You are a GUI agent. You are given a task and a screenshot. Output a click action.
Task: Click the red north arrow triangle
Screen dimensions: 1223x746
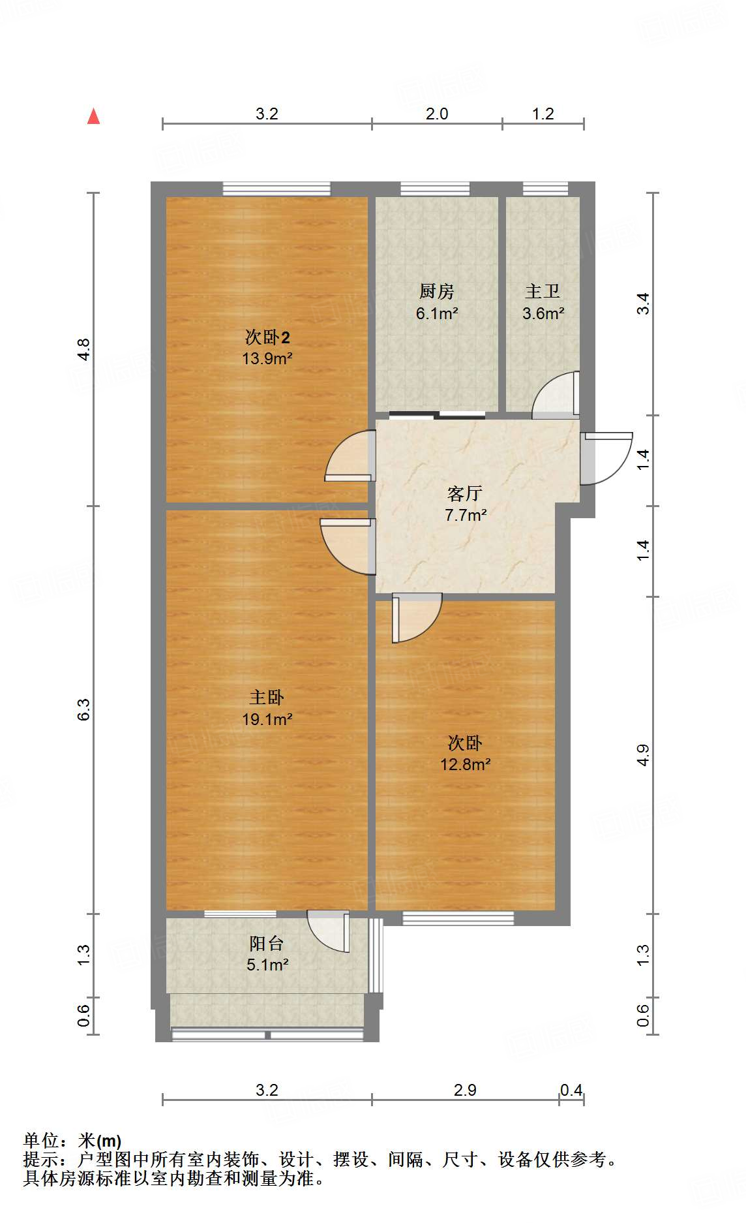pyautogui.click(x=94, y=117)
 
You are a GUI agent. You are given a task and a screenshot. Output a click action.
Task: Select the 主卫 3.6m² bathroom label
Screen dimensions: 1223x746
pyautogui.click(x=543, y=302)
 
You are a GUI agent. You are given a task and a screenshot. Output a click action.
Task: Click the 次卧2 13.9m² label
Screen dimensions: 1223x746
pyautogui.click(x=267, y=347)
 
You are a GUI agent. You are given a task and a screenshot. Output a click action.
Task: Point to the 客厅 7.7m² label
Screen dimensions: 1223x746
pyautogui.click(x=465, y=504)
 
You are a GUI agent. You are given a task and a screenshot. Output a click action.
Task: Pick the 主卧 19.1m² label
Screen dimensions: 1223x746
pyautogui.click(x=267, y=708)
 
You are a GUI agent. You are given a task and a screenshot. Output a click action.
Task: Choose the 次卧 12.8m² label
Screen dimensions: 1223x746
pyautogui.click(x=465, y=753)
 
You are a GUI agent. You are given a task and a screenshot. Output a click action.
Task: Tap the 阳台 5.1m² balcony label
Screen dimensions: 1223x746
pyautogui.click(x=267, y=953)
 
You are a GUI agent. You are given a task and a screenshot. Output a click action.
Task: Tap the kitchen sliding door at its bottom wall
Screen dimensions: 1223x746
pyautogui.click(x=437, y=414)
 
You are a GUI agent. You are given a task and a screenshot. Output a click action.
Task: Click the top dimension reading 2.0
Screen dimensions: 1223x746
pyautogui.click(x=437, y=114)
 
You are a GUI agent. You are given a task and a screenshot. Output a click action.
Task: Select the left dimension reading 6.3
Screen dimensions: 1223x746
pyautogui.click(x=83, y=709)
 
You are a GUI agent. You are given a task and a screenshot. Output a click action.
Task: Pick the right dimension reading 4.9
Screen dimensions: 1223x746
pyautogui.click(x=643, y=755)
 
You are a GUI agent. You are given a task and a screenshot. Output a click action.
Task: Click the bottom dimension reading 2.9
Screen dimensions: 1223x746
pyautogui.click(x=465, y=1090)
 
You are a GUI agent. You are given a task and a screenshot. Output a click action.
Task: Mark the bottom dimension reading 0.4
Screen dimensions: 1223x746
pyautogui.click(x=571, y=1090)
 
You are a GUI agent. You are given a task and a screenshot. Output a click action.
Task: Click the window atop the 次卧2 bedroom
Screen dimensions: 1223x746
pyautogui.click(x=276, y=189)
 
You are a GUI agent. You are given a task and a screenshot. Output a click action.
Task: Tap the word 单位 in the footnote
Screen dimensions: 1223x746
pyautogui.click(x=41, y=1141)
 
